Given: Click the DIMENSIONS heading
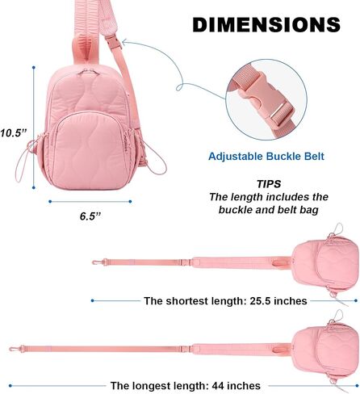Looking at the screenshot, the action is pos(266,24).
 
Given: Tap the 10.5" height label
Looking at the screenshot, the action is pos(14,132).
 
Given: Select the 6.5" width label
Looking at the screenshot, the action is pos(90,216).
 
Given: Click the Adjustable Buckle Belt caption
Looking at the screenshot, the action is pos(266,157).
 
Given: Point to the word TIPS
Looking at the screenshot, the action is pos(269,184).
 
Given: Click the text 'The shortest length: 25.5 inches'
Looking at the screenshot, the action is pos(225,301).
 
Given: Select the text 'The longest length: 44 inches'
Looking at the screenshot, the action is pos(186,386).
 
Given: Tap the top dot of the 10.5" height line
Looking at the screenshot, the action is pos(34,67).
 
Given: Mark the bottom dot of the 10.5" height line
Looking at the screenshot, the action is pos(34,187).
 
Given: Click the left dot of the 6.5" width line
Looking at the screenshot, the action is pos(50,201).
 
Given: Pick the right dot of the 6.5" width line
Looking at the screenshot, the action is pos(130,201).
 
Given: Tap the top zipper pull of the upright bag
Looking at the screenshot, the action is pos(88,71).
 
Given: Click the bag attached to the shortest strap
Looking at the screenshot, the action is pos(325,264).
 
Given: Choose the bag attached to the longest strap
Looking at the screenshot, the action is pos(325,350).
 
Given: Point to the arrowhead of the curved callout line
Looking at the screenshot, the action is pos(124,42).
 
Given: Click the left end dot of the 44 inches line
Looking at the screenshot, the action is pos(10,386).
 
